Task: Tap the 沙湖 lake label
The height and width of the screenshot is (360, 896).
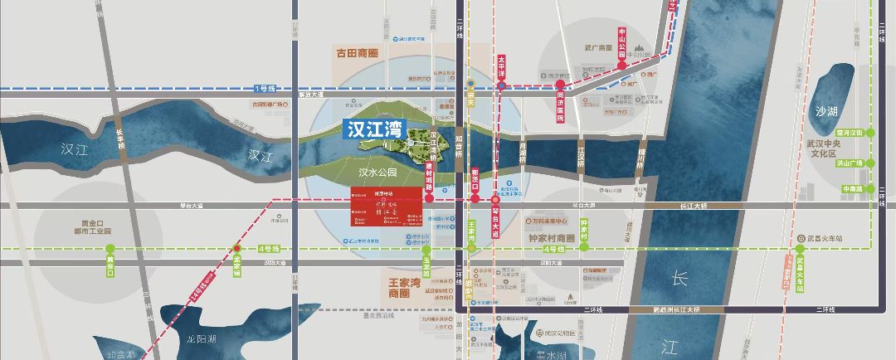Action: [827, 110]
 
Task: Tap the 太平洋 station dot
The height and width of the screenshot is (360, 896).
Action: [501, 85]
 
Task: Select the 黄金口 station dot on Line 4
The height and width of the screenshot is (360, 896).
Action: [110, 248]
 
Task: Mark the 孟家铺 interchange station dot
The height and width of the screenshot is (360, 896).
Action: [237, 248]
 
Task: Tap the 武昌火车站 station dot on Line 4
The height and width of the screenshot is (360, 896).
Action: [800, 248]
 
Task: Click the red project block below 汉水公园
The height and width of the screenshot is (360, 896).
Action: [387, 212]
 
